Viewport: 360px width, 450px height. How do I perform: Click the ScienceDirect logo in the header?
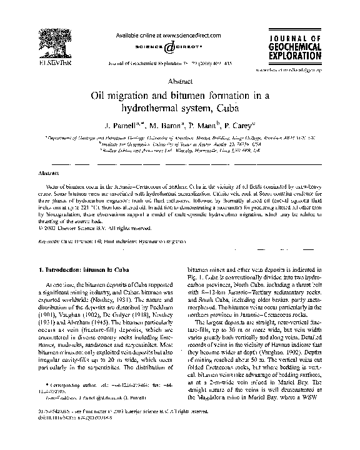pos(179,47)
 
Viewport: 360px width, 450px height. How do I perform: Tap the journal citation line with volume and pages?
pos(179,63)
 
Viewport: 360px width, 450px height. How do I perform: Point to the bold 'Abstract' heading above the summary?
pos(49,173)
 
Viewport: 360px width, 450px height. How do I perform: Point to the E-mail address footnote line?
pos(94,414)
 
